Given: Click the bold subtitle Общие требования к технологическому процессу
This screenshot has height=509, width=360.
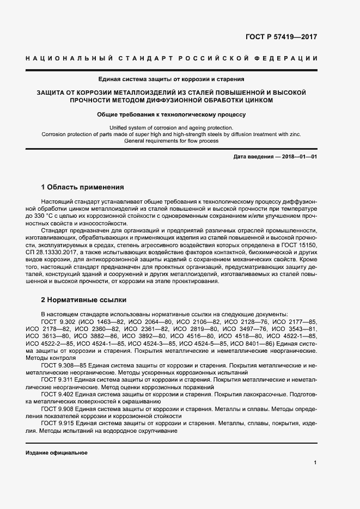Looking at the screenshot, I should (x=172, y=115).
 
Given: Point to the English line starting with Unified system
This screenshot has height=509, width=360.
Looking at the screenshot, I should (x=172, y=128).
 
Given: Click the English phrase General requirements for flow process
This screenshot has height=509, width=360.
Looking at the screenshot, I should (x=172, y=141).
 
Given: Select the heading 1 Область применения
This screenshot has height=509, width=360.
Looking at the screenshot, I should (x=83, y=187).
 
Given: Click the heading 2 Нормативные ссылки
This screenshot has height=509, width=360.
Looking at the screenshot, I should (x=83, y=300).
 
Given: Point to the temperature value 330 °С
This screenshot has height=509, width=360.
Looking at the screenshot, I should (x=56, y=216).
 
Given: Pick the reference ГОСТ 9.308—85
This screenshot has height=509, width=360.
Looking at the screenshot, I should (x=65, y=366).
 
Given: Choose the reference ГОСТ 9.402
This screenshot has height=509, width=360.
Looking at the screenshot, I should (x=58, y=394).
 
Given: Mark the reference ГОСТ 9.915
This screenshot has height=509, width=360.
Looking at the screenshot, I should (x=58, y=423).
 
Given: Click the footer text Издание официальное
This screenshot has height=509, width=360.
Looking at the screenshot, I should (x=56, y=453).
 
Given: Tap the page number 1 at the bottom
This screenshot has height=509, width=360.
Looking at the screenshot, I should (x=315, y=462).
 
